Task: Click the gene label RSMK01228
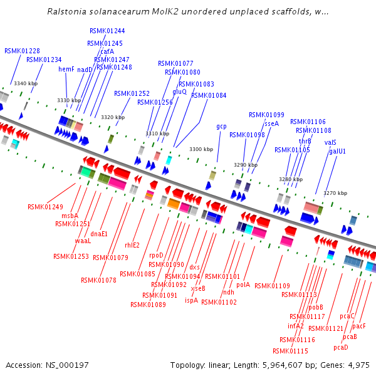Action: click(x=22, y=51)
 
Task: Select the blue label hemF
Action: click(x=66, y=70)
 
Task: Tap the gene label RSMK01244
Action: click(x=107, y=31)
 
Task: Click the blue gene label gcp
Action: click(x=221, y=127)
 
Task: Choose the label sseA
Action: click(x=271, y=124)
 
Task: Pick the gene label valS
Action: click(x=330, y=143)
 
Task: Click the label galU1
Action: click(x=337, y=152)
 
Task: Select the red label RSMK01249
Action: click(x=45, y=207)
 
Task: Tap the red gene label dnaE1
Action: click(x=99, y=234)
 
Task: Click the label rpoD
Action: click(x=156, y=255)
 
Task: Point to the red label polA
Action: click(x=243, y=285)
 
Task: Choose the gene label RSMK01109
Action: click(x=272, y=286)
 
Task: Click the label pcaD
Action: click(x=341, y=347)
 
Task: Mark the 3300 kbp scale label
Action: click(x=201, y=149)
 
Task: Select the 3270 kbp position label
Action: click(x=334, y=194)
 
